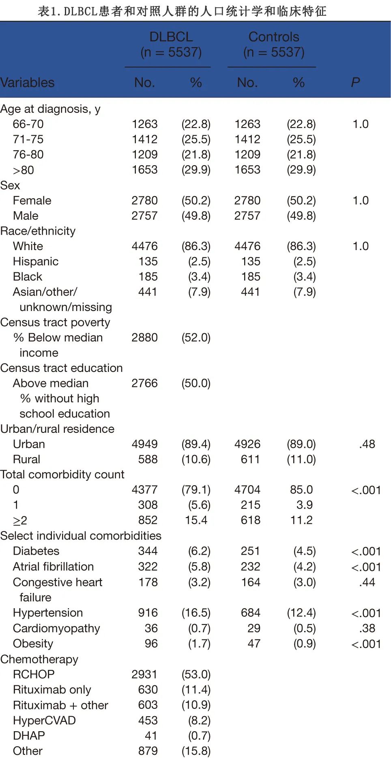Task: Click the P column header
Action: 355,82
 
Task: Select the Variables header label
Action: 28,82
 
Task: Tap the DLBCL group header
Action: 171,44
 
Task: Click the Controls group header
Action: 274,44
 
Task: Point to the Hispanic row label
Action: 36,261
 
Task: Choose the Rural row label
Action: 26,459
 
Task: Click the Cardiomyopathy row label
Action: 56,628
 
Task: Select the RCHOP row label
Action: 34,674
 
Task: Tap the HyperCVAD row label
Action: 44,720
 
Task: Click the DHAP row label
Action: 29,735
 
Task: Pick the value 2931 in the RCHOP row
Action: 144,674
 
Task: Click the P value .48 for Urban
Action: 367,444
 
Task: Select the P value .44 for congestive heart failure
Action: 367,582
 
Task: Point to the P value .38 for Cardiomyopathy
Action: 367,628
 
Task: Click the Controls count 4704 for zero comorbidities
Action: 247,490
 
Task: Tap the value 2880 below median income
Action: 144,337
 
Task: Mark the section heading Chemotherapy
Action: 39,659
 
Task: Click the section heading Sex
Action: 10,185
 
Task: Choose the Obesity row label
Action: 33,644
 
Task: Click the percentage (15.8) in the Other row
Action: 196,751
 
